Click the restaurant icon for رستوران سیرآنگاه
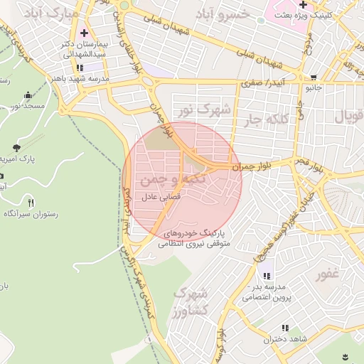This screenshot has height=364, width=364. [x=29, y=202]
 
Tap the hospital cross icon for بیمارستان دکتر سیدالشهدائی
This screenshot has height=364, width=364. [x=84, y=33]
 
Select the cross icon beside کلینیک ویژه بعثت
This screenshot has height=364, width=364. [x=303, y=5]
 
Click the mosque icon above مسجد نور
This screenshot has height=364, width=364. [x=28, y=95]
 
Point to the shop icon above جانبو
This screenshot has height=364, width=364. [x=314, y=77]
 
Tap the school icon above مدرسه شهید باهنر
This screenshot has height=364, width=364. [x=79, y=68]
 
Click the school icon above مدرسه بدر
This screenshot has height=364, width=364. [x=267, y=276]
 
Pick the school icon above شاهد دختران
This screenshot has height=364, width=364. [x=284, y=328]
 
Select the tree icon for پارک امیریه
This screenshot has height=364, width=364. [x=15, y=147]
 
